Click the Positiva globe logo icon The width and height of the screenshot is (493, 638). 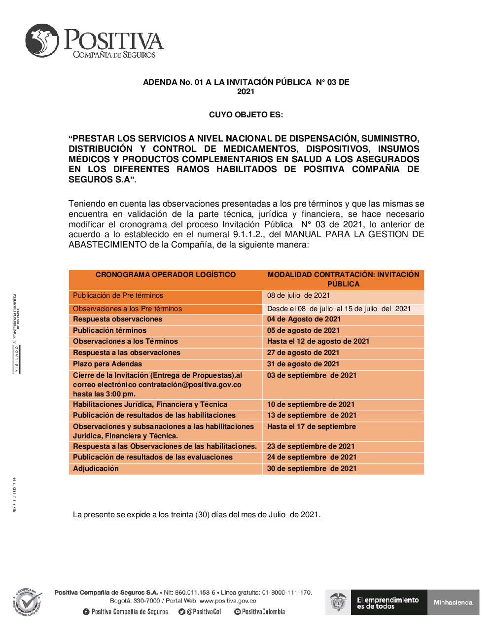[42, 40]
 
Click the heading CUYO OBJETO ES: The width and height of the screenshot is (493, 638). [246, 115]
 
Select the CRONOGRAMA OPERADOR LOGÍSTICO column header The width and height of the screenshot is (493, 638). [166, 275]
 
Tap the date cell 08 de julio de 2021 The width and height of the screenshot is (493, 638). [298, 295]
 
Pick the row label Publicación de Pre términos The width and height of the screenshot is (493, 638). [118, 295]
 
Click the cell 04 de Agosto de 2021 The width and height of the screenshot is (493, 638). [304, 319]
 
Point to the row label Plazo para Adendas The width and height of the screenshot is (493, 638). [107, 364]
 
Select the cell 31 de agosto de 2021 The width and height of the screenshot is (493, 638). [303, 364]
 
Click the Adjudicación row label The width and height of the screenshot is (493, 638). [96, 468]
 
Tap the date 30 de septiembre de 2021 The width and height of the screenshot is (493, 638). [312, 468]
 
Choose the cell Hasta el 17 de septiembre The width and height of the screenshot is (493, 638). [312, 426]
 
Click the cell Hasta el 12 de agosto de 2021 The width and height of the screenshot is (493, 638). [318, 341]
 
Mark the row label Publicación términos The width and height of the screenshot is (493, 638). [110, 330]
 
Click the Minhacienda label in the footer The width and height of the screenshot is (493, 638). [453, 603]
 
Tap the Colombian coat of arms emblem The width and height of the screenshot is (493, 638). [338, 602]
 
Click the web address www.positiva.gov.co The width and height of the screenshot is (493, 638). [228, 601]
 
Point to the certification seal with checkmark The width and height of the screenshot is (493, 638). [28, 602]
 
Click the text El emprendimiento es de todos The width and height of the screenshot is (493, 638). [387, 603]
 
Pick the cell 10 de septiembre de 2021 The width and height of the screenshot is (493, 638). [311, 404]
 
